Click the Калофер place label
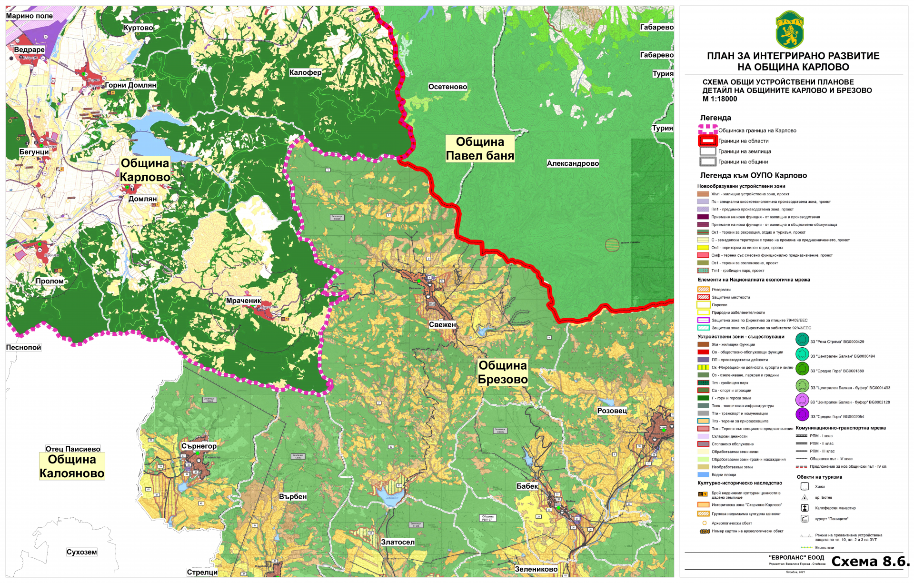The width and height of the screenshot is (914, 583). click(305, 72)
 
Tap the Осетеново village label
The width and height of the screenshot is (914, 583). click(447, 87)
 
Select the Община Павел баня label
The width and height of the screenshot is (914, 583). click(480, 149)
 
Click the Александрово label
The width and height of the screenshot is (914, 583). click(573, 163)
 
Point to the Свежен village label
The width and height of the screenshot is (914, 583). click(442, 324)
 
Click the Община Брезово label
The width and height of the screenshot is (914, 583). click(503, 372)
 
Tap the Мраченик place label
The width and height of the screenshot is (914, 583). click(243, 301)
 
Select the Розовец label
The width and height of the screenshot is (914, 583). click(612, 411)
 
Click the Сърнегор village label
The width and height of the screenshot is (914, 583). click(199, 446)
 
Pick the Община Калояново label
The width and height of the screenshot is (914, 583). click(72, 466)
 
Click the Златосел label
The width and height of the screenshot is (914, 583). click(397, 542)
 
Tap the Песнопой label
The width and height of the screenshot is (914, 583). click(23, 347)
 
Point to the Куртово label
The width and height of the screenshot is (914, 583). click(138, 28)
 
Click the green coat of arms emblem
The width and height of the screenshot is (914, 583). click(790, 30)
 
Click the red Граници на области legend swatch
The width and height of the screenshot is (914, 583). click(707, 141)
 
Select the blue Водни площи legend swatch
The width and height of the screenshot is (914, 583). click(703, 474)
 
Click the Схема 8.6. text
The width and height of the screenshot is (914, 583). click(870, 562)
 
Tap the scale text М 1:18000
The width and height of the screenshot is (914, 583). click(720, 99)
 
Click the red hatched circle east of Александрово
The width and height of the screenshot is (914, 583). click(612, 245)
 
